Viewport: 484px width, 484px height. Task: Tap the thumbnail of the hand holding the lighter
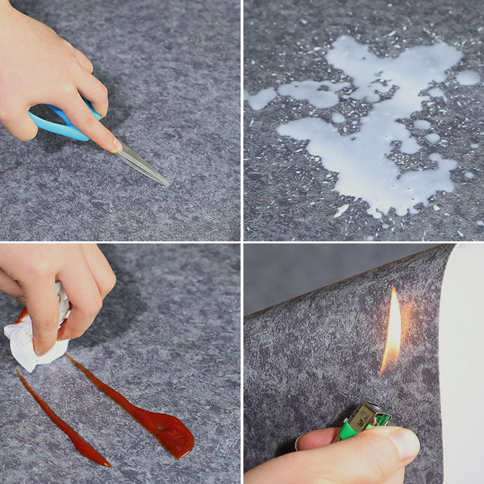pyautogui.click(x=404, y=442)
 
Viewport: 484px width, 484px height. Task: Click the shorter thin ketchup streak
pyautogui.click(x=62, y=423)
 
